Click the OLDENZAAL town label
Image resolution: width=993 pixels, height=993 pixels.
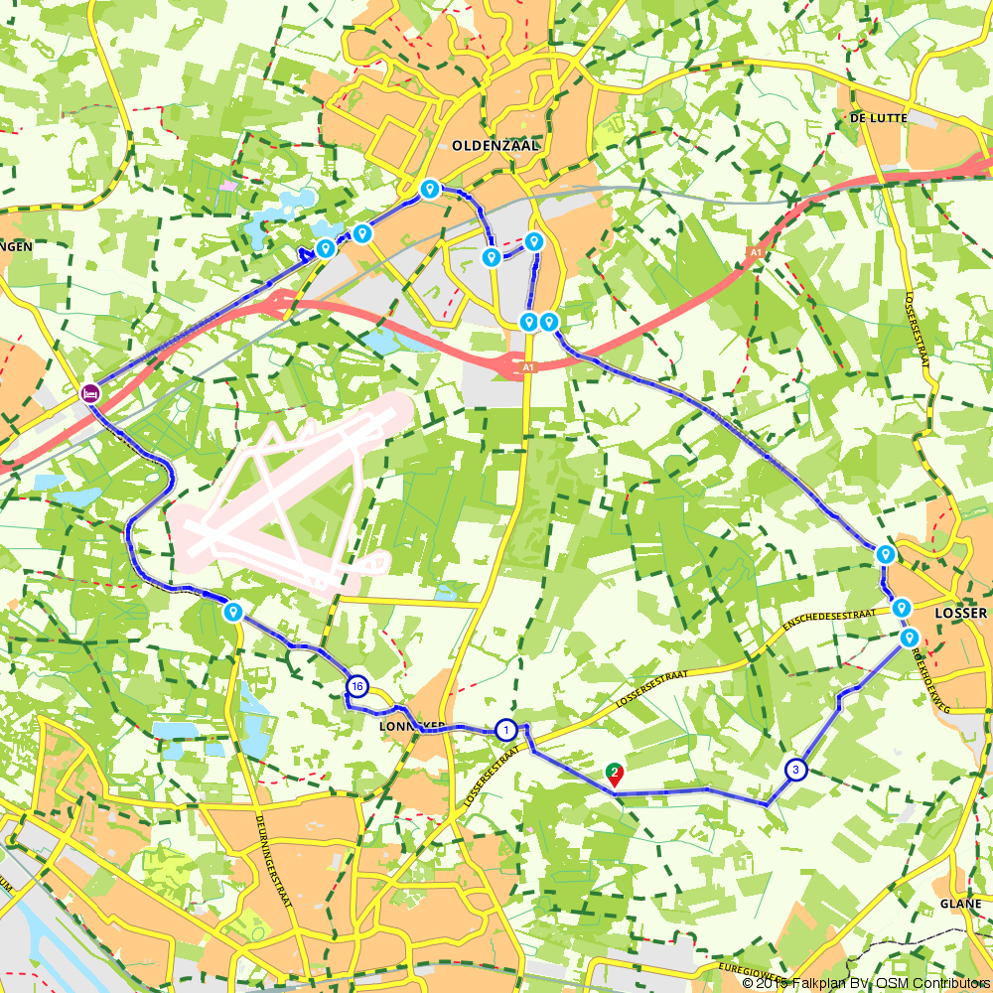click(495, 145)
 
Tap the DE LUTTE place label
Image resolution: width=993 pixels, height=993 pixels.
click(880, 117)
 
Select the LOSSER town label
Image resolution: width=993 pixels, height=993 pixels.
click(961, 613)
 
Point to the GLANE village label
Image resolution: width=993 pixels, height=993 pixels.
click(960, 904)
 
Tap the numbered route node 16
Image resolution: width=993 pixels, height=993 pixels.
click(357, 686)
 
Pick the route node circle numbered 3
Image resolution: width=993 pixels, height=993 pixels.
click(795, 770)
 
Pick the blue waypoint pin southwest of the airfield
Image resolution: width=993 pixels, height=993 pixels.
click(233, 611)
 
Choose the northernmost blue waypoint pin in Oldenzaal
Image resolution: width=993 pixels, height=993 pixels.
click(430, 187)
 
